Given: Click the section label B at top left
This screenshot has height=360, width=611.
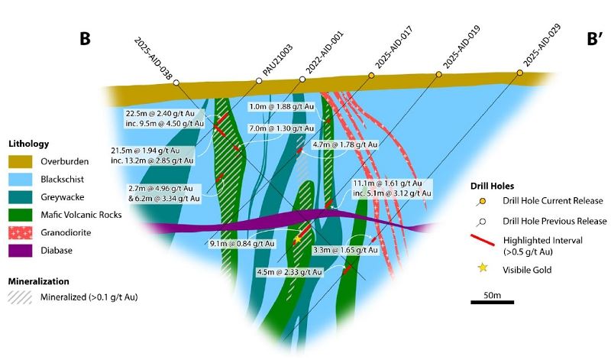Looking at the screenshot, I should [86, 39].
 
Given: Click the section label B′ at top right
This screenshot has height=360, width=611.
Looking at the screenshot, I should [596, 39].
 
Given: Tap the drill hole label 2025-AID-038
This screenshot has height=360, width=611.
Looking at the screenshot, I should [153, 58].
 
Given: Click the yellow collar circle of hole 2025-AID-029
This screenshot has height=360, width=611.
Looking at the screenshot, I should [519, 73].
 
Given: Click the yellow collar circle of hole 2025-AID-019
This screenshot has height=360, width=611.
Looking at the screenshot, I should [439, 74].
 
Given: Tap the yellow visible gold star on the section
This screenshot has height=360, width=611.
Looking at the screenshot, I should [297, 239].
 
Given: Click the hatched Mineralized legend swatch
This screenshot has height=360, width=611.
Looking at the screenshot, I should [22, 297].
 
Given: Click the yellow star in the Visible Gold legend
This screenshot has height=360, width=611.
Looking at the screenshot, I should [482, 268].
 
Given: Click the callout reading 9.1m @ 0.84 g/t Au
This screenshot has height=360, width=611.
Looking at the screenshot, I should [243, 244].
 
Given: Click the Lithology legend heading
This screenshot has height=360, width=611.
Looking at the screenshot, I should [28, 143].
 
